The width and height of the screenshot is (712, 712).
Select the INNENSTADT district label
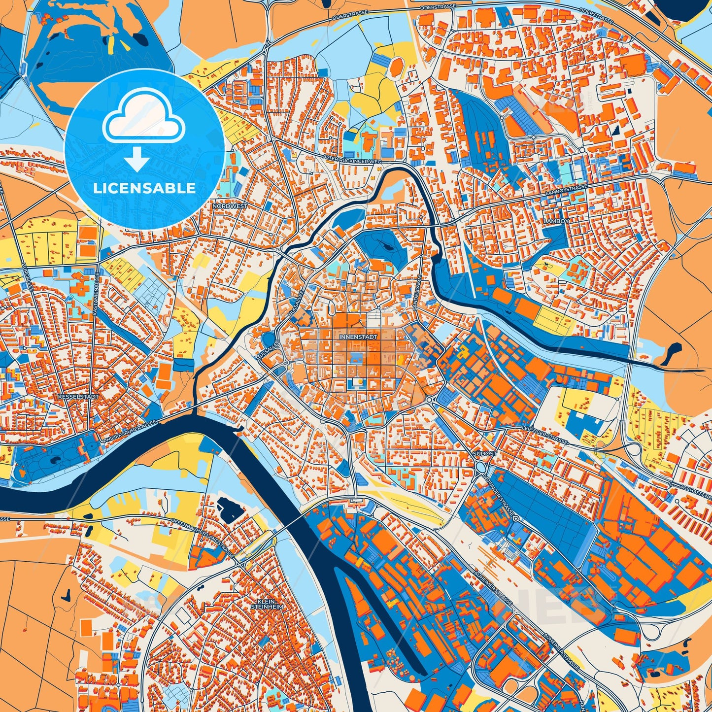click(358, 337)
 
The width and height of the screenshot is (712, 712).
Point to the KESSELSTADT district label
click(78, 396)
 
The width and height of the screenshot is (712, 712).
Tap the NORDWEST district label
click(230, 206)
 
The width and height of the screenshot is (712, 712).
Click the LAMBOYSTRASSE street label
click(567, 191)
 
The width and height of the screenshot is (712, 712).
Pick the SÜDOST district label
click(484, 453)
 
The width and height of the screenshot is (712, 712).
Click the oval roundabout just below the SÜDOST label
click(481, 467)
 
